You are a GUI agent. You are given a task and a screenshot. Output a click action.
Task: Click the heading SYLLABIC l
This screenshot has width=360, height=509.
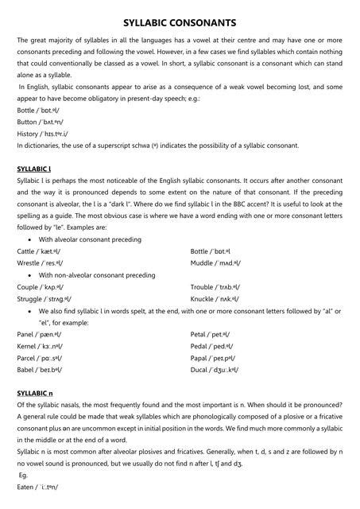[34, 169]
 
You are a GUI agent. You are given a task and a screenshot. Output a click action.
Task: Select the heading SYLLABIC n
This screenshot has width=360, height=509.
[35, 393]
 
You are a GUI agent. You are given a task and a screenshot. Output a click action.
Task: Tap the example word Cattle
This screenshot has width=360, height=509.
[26, 251]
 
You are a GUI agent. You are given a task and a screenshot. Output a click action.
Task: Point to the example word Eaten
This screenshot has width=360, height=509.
[26, 485]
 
